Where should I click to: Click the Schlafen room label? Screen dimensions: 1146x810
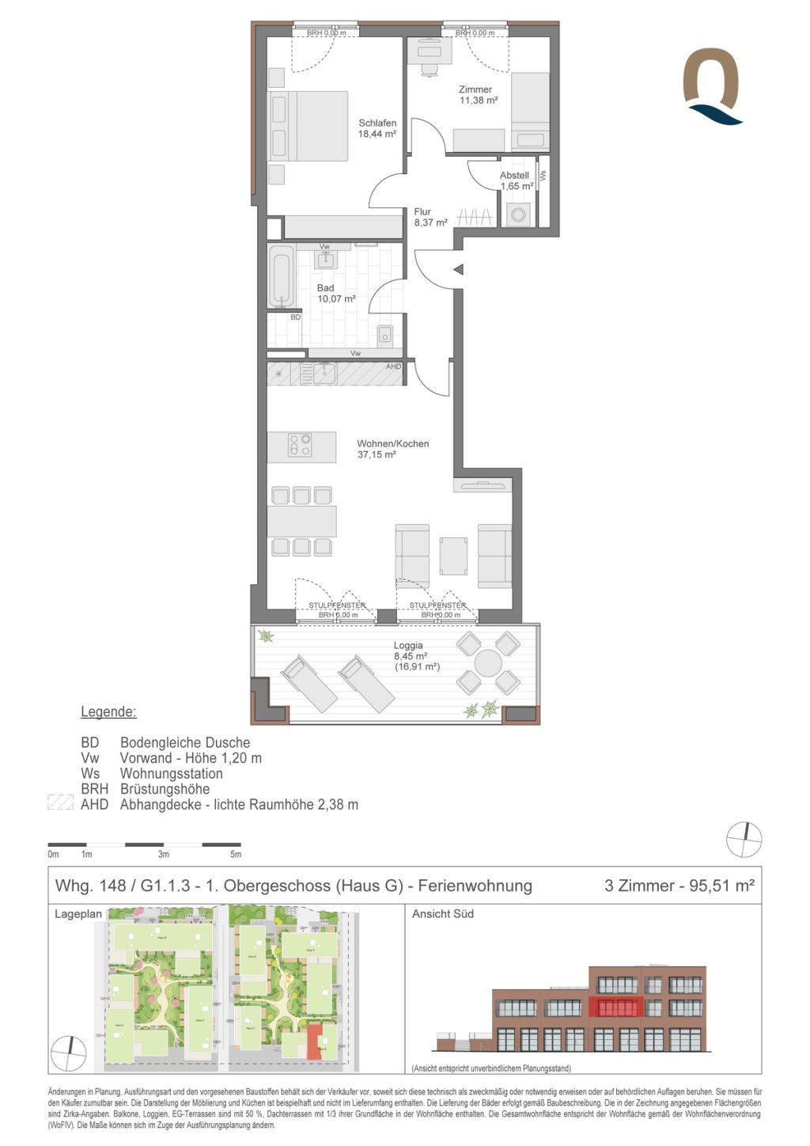377,123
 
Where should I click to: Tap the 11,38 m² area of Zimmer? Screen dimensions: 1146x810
479,101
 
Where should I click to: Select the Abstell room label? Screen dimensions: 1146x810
514,176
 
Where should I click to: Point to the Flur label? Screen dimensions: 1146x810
422,212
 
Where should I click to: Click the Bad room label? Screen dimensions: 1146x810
326,288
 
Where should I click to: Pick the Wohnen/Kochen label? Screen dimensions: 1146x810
393,444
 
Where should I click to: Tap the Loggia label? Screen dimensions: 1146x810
408,646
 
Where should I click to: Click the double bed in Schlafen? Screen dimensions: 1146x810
308,127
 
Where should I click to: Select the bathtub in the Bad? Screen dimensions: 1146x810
282,277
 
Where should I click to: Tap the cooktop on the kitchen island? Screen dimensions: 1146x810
301,446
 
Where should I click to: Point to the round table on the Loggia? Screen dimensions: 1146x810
488,663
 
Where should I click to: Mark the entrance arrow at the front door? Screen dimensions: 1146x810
458,270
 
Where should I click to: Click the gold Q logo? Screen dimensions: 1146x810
712,85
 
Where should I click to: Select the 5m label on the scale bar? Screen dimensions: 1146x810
236,855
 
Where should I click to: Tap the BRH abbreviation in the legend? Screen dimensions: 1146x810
94,789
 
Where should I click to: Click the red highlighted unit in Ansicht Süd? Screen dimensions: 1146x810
615,1007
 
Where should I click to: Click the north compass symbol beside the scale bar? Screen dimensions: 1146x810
744,840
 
